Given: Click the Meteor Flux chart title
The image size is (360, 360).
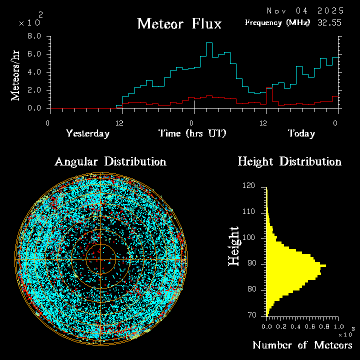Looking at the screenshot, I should click(x=179, y=23).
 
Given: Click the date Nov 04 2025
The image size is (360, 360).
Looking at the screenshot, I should click(x=305, y=10).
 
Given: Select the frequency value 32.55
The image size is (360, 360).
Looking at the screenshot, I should click(x=330, y=22).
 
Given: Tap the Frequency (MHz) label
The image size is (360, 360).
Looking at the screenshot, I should click(x=277, y=22).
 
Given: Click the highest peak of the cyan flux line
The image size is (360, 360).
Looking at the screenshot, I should click(x=209, y=43).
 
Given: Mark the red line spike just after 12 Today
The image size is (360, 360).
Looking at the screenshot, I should click(x=269, y=89).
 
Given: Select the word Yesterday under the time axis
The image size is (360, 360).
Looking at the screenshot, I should click(x=87, y=133).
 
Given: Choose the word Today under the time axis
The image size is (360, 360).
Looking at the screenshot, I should click(x=301, y=133).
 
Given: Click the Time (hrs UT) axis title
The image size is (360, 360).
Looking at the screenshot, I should click(x=192, y=133).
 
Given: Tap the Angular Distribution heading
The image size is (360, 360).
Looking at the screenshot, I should click(x=110, y=161).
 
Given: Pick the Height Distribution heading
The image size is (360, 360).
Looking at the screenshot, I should click(x=289, y=161).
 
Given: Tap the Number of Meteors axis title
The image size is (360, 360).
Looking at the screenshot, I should click(x=302, y=345).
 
